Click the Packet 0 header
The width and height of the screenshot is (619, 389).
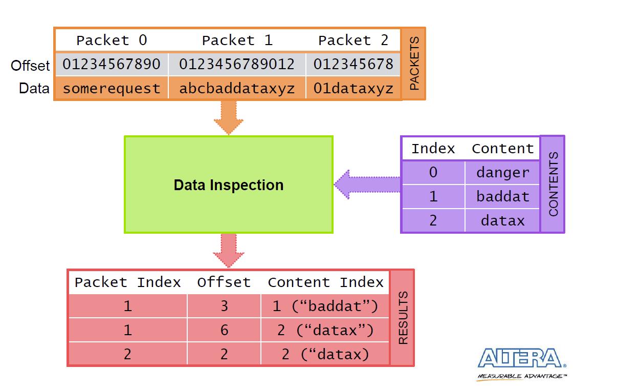point(112,40)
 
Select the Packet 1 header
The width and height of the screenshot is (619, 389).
point(237,40)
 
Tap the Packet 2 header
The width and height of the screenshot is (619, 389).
point(353,40)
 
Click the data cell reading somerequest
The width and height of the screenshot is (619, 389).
point(112,89)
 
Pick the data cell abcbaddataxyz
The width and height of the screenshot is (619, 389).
point(237,89)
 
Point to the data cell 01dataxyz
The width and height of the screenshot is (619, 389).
point(353,89)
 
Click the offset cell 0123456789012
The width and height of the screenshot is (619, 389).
point(237,64)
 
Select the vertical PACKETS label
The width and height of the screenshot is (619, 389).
point(414,64)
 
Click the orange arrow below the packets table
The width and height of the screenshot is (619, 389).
point(229,118)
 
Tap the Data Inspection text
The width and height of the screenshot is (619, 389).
point(229,185)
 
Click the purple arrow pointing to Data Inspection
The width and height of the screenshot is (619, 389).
point(367,185)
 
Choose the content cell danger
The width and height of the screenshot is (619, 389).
point(503,173)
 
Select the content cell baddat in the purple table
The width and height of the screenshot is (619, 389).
point(503,197)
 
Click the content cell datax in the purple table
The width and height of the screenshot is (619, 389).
point(503,221)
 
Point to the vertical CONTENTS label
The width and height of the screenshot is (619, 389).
point(554,184)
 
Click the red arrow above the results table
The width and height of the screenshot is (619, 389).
point(229,251)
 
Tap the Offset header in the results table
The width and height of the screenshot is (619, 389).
point(224,282)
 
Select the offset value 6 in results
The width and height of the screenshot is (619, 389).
point(224,330)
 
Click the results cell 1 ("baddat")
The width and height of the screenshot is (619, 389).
point(325,306)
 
